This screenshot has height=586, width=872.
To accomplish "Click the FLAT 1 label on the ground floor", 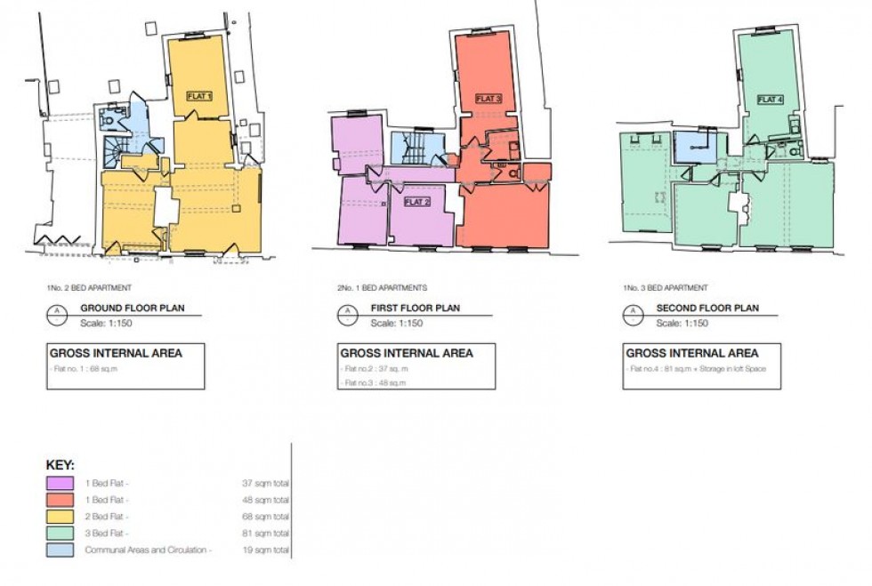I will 199,95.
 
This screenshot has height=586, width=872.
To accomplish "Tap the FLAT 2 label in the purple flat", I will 416,202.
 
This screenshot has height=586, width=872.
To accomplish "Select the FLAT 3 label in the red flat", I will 488,99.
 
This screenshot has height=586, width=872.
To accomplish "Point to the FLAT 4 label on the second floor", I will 771,100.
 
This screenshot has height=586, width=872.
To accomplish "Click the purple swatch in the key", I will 61,483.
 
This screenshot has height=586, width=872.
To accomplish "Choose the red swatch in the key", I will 61,500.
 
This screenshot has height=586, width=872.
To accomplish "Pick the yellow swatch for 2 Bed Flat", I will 61,517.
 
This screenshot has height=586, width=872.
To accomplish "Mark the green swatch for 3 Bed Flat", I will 61,534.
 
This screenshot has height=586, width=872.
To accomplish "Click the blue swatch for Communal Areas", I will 61,550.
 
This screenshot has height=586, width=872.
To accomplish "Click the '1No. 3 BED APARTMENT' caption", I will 666,288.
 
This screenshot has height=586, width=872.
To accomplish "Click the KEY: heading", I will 61,465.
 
